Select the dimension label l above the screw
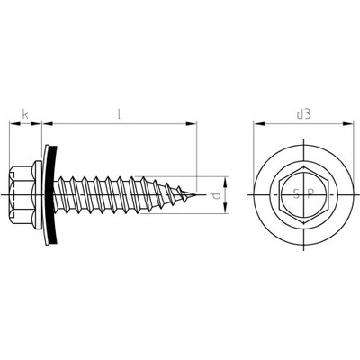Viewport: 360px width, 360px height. click(x=121, y=114)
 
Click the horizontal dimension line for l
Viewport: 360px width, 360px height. click(x=117, y=123)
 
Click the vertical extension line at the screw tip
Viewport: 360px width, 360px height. click(x=195, y=153)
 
